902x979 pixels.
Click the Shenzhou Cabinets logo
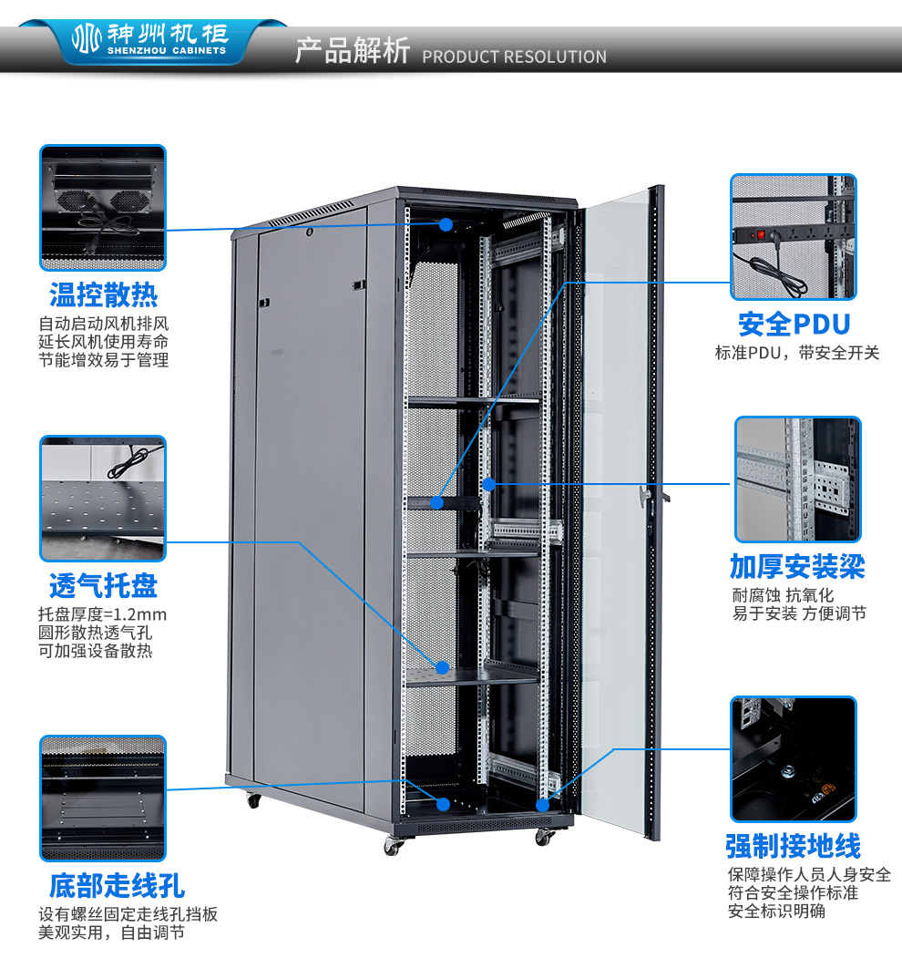coord(150,39)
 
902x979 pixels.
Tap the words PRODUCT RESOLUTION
coord(514,57)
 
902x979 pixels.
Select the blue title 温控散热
coord(104,295)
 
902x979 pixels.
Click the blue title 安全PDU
coord(794,325)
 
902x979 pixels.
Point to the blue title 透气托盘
coord(103,585)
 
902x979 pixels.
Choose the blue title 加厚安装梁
coord(797,567)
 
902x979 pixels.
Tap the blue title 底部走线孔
coord(117,885)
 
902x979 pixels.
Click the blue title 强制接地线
coord(793,846)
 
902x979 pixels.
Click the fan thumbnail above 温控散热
coord(103,208)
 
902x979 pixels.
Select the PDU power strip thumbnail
coord(794,237)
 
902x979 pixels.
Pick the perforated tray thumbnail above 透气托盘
coord(103,499)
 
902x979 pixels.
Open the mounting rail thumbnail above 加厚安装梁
coord(797,479)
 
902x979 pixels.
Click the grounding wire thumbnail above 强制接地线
coord(794,759)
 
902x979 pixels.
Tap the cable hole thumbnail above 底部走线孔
coord(103,799)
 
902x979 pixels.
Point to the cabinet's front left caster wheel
coord(393,847)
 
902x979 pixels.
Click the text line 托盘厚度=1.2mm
coord(102,614)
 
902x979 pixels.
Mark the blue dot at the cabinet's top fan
coord(446,224)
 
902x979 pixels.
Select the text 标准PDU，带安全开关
coord(797,353)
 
